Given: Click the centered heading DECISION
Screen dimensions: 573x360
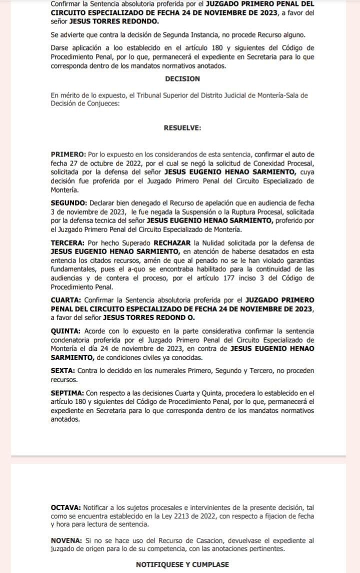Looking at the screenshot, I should point(182,78).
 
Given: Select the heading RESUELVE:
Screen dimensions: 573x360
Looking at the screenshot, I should point(182,127).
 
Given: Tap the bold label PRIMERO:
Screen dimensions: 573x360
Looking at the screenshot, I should point(68,154).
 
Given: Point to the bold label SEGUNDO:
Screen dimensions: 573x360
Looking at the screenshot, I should point(69,202).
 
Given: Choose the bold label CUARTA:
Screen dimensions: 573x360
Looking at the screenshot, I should point(66,299).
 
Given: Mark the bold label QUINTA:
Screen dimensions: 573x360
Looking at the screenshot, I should point(65,331).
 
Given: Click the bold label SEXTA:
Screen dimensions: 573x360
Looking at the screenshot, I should point(63,370).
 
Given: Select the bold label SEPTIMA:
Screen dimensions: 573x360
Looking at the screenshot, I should point(67,394).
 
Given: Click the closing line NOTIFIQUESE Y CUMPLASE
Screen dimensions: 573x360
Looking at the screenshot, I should point(182,564).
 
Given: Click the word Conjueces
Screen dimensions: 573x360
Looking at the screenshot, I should point(103,104).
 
